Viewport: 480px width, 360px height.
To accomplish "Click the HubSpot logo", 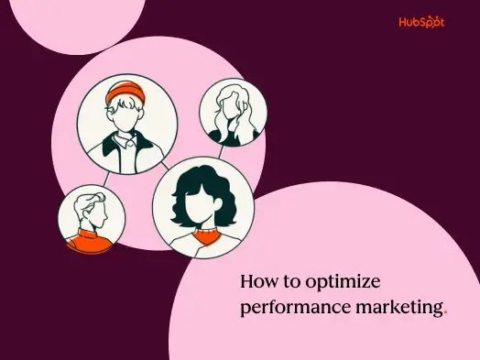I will coord(422,21).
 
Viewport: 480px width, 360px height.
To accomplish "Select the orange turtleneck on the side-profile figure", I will coord(91,241).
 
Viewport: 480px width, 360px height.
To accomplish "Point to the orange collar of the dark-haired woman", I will coord(202,235).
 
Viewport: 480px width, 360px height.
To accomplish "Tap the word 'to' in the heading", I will coord(294,282).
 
